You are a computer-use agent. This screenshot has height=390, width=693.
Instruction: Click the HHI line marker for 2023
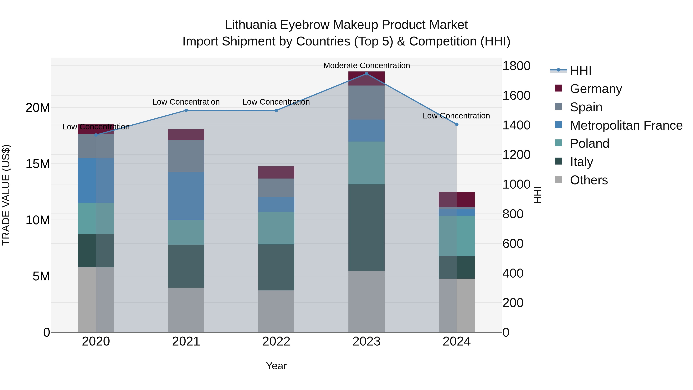[366, 74]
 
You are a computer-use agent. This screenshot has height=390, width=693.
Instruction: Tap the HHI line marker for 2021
[186, 110]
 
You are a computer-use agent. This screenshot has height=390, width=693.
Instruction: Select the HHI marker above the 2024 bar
[457, 124]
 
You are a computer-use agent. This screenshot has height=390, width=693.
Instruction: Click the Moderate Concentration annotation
[366, 65]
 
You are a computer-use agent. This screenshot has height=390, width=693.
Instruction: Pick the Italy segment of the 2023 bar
[366, 227]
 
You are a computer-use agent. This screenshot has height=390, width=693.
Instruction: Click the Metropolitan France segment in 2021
[186, 196]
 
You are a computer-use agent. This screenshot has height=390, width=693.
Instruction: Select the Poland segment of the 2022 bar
[276, 228]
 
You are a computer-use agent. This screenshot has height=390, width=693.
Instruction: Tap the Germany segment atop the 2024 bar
[457, 200]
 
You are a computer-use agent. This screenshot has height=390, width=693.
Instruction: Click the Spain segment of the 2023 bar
[366, 102]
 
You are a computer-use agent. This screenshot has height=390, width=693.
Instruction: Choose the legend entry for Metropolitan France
[626, 125]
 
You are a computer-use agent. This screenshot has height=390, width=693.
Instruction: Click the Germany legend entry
[596, 89]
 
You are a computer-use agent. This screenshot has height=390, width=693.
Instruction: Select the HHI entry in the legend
[581, 70]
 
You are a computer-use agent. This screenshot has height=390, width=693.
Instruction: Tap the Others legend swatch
[558, 179]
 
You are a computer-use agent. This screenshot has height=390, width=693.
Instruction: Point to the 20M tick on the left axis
[38, 108]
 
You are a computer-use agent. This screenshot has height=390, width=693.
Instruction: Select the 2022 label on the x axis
[276, 341]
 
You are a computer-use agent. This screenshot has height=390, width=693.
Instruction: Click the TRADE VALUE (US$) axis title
[6, 195]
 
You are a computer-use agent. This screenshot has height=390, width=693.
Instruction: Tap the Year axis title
[276, 366]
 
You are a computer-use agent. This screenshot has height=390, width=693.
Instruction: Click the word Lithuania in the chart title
[250, 25]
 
